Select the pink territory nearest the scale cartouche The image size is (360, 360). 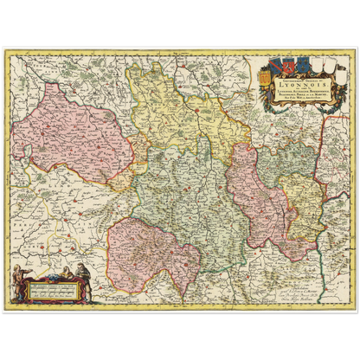(x=151, y=251)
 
